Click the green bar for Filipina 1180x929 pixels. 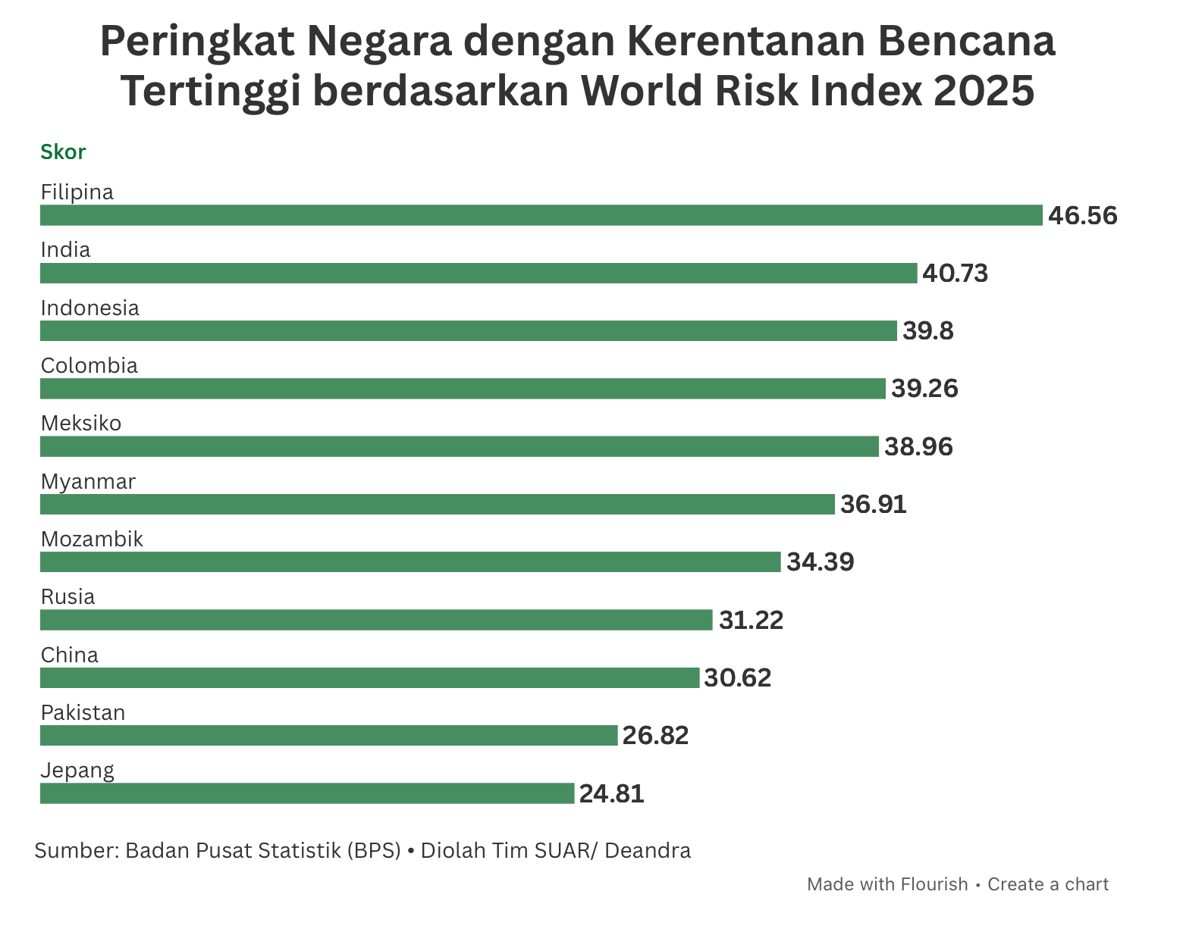pos(541,215)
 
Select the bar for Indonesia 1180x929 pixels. pos(468,331)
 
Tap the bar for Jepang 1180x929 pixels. pos(307,793)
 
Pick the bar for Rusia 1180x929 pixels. pos(376,620)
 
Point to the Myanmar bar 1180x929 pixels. pos(438,504)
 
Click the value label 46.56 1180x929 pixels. pos(1082,216)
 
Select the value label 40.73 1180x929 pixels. pos(956,274)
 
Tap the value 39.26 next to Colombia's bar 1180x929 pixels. pos(924,389)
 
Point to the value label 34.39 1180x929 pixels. pos(821,562)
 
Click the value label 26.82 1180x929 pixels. pos(655,736)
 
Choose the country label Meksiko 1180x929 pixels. pos(81,424)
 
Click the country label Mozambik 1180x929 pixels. pos(92,540)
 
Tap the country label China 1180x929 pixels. pos(70,655)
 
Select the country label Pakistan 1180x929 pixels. pos(83,712)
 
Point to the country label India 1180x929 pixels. pos(65,250)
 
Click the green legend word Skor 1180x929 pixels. pos(63,152)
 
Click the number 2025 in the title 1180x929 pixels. pos(984,91)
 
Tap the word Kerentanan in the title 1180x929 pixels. pos(746,41)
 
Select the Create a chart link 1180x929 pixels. pos(1048,884)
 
